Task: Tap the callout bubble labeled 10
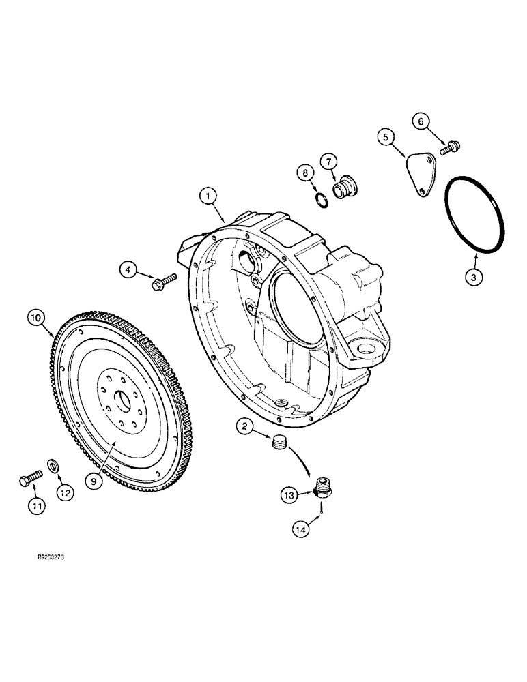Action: pyautogui.click(x=36, y=317)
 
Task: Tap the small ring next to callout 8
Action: pyautogui.click(x=322, y=198)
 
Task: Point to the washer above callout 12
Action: pyautogui.click(x=53, y=467)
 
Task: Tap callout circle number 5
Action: pyautogui.click(x=387, y=138)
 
